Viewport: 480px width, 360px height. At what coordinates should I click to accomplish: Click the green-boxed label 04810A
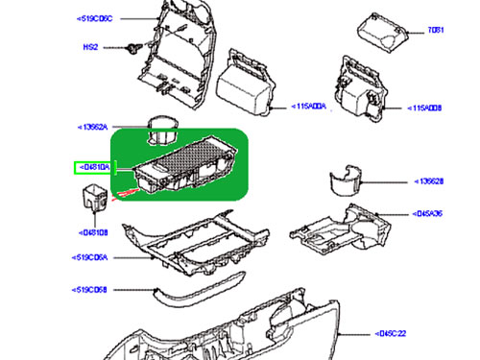93,167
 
